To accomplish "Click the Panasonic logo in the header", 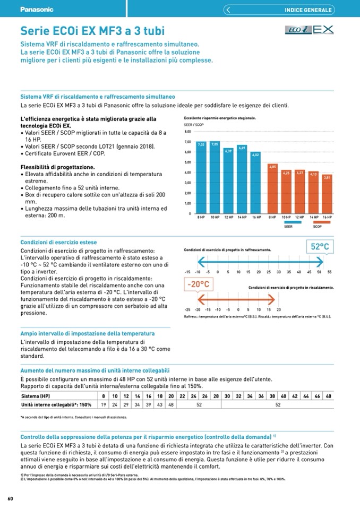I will coord(37,10).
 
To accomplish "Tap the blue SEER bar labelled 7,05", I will coord(215,178).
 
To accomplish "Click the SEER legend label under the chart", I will coord(288,226).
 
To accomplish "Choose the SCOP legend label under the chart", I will coord(318,226).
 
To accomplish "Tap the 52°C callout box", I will coord(320,246).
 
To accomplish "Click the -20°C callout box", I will coord(198,284).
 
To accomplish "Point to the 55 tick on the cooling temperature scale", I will coord(330,272).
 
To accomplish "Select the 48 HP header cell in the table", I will coord(329,396).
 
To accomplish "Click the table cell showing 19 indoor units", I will coord(102,404).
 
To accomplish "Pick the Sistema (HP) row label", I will coord(36,396).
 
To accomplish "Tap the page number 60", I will coord(10,498).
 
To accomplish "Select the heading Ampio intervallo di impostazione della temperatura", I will coord(88,333).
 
